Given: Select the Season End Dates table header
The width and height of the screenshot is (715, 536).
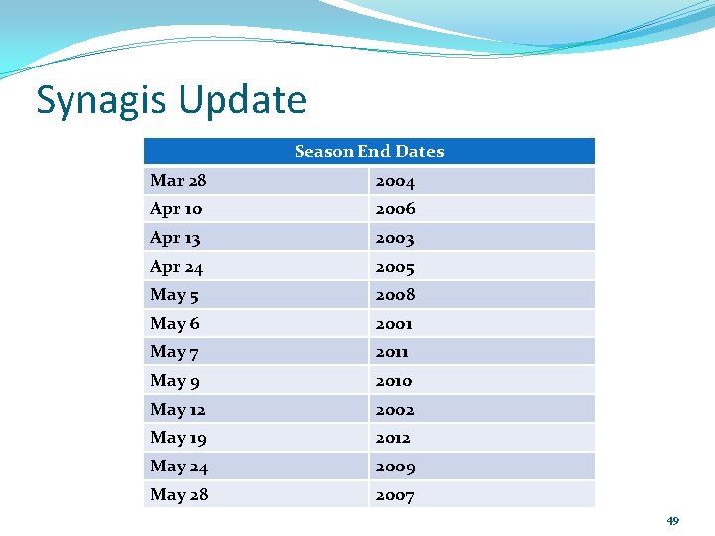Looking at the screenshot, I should coord(369,151).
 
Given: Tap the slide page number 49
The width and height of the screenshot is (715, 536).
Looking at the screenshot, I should coord(672,521).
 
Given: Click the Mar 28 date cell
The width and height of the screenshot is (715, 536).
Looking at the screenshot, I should coord(178,181).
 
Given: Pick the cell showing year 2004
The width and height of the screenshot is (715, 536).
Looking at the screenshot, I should coord(395,181).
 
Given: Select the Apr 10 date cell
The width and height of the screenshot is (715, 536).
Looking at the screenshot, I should coord(176,209).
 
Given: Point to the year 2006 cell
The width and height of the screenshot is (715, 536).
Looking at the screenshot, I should coord(395,209).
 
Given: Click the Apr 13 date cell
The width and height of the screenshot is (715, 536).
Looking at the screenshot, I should coord(176,238).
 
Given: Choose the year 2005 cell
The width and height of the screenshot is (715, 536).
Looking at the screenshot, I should coord(395,267).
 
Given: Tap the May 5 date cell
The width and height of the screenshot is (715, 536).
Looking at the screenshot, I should coord(174,295).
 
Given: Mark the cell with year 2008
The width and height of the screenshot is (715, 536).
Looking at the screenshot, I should coord(395,295).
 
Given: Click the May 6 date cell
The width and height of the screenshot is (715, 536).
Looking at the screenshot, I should coord(174,324).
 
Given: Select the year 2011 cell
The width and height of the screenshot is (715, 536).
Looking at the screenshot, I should coord(392,352).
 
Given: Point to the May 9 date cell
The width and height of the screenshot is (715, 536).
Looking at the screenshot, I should coord(174,381).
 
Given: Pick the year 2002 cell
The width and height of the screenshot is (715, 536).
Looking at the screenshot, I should coord(395,410).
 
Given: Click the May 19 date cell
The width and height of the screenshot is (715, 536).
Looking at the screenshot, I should coord(178,438).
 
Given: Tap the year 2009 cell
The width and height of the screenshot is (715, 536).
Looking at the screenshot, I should coord(395,467).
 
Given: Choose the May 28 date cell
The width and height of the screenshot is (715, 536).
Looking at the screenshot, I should coord(179,495).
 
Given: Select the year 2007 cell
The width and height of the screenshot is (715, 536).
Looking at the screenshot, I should coord(395,495).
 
